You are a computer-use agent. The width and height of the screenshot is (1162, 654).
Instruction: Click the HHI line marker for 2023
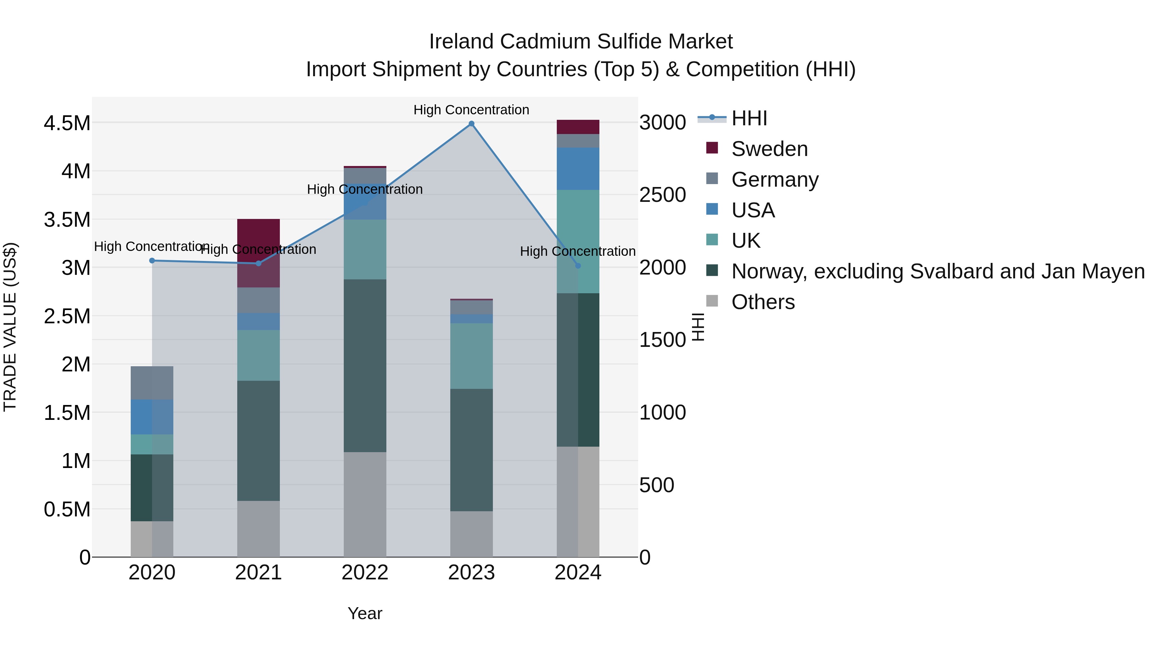(x=471, y=124)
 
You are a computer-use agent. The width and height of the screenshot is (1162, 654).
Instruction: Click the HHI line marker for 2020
(x=152, y=260)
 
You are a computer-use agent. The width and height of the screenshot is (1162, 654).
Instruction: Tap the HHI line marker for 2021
(x=259, y=263)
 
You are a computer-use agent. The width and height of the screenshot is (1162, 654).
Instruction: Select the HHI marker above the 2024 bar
(x=578, y=266)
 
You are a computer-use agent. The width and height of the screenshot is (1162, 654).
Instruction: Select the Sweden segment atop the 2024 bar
(x=578, y=127)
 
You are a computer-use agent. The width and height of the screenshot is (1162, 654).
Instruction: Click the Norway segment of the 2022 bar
(x=365, y=366)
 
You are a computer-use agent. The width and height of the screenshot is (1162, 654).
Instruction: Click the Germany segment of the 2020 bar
(x=152, y=383)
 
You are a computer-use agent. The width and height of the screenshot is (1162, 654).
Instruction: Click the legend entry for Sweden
(x=769, y=149)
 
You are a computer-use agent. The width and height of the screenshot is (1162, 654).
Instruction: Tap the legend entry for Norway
(x=937, y=271)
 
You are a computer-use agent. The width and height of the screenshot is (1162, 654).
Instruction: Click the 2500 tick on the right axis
(x=663, y=195)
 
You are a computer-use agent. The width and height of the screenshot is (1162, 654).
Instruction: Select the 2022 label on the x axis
(x=365, y=573)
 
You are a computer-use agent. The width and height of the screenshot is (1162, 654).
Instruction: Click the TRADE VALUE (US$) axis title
(x=10, y=327)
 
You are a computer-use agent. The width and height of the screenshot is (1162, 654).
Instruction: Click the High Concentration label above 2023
(x=471, y=110)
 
